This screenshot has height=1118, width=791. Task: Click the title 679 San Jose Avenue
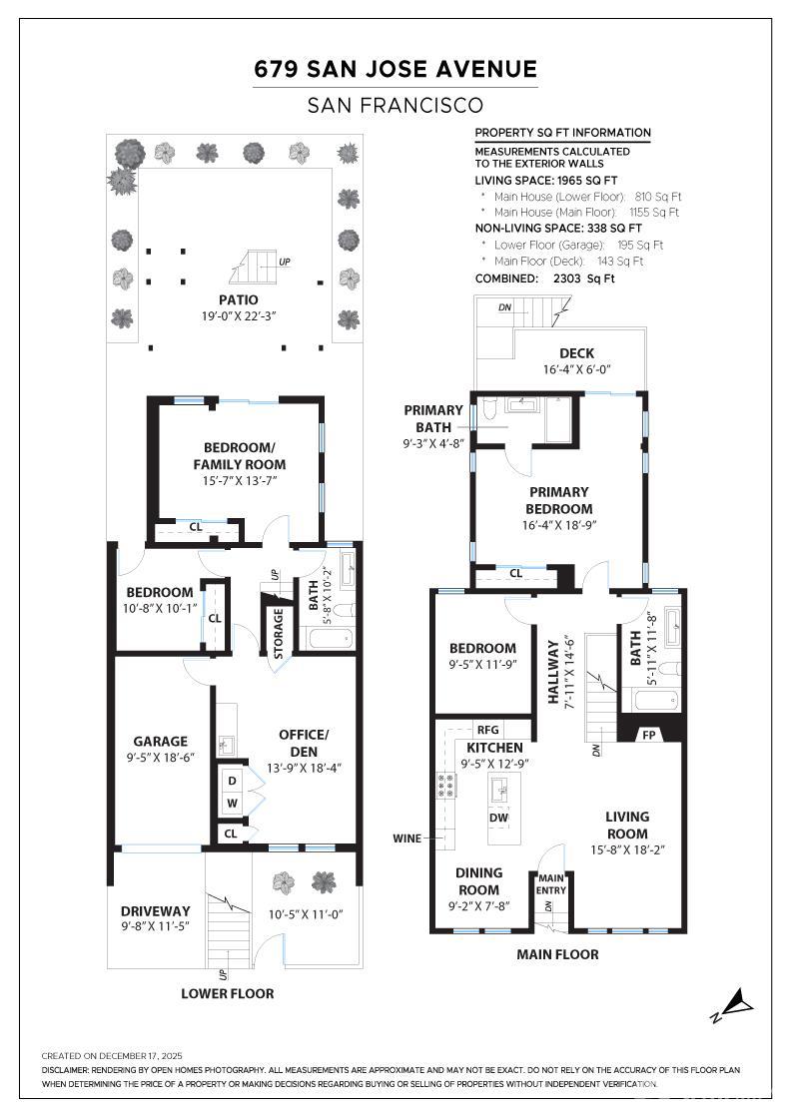click(x=395, y=69)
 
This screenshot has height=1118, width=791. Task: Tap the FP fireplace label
click(x=648, y=734)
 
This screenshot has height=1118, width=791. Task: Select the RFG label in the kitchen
click(x=487, y=730)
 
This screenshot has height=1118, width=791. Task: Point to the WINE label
click(x=407, y=838)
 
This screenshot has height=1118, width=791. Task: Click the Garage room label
click(x=161, y=742)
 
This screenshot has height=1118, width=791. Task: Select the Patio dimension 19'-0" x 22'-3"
click(x=239, y=316)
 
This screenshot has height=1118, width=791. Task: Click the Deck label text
click(x=576, y=353)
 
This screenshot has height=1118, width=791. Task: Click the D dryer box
click(x=233, y=781)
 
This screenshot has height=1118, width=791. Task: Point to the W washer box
click(x=233, y=803)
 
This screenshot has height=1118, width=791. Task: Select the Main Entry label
click(x=551, y=883)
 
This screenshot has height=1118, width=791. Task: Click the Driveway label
click(x=155, y=910)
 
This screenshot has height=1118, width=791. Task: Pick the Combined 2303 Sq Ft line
click(x=544, y=279)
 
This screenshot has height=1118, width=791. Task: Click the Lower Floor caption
click(x=227, y=993)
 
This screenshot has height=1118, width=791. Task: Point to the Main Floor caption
click(x=557, y=954)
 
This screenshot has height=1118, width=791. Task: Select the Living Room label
click(x=626, y=826)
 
